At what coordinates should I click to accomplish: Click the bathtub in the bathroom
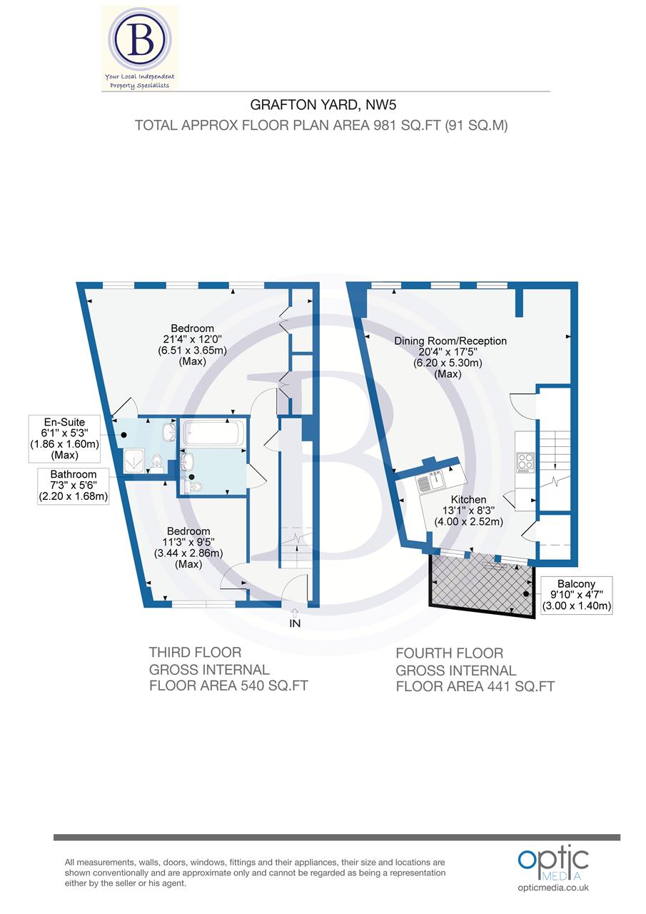coord(213,433)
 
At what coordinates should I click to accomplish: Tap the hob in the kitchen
coord(525,462)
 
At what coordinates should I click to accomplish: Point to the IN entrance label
coord(295,623)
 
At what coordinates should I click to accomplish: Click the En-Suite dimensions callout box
coord(64,437)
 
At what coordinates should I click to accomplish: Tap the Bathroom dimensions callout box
coord(74,486)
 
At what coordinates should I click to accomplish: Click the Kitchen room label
coord(468,500)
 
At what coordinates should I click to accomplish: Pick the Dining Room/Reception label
coord(450,341)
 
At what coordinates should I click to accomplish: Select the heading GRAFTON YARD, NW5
coord(323,105)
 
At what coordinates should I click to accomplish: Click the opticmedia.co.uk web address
coord(553,888)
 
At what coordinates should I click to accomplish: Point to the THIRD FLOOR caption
coord(195,652)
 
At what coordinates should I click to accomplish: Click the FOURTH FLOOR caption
coord(449,653)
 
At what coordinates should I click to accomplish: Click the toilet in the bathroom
coord(195,486)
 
